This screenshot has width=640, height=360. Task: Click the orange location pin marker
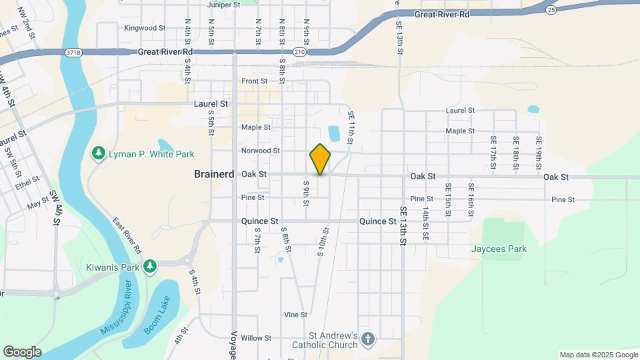click(x=320, y=159)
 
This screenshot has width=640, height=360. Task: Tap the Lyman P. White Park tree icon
click(x=99, y=154)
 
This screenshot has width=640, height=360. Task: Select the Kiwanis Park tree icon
click(x=149, y=267)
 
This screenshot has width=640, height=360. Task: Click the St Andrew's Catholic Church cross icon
click(x=368, y=341)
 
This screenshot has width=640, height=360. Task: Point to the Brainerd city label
click(x=213, y=174)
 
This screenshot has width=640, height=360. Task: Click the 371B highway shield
click(x=74, y=51)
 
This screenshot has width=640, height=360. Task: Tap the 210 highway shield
click(x=299, y=51)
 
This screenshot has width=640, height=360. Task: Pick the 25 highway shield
click(x=550, y=9)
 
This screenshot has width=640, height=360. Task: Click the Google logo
click(x=21, y=351)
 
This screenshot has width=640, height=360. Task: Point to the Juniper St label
click(x=223, y=5)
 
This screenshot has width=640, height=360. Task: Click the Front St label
click(x=255, y=81)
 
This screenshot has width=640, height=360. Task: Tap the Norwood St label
click(x=261, y=151)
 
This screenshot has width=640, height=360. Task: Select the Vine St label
click(x=295, y=315)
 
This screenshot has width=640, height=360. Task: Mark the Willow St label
click(x=257, y=338)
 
